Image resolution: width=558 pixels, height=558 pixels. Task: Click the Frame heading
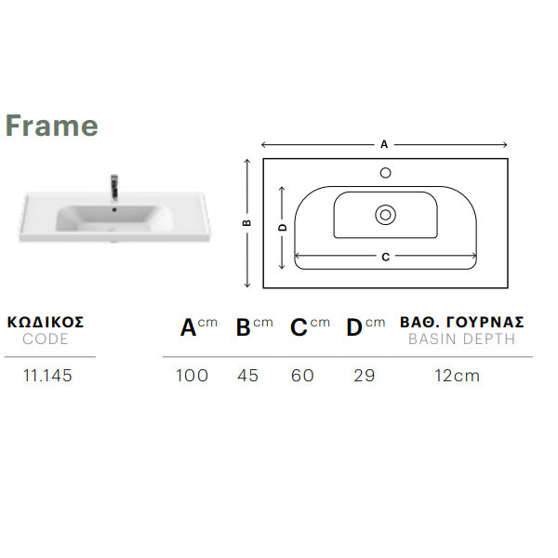(51, 126)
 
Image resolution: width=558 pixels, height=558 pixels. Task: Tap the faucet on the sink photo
(114, 188)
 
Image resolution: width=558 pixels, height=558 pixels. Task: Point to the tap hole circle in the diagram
(385, 173)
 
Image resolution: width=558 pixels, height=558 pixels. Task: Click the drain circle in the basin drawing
(385, 215)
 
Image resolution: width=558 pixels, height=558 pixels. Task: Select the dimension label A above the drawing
(384, 144)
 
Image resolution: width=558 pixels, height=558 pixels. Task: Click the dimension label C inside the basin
(385, 257)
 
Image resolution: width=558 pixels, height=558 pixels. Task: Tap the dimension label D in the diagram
(282, 228)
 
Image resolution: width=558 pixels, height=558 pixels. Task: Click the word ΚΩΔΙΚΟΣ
(46, 322)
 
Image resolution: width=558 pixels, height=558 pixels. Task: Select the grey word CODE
(46, 339)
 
